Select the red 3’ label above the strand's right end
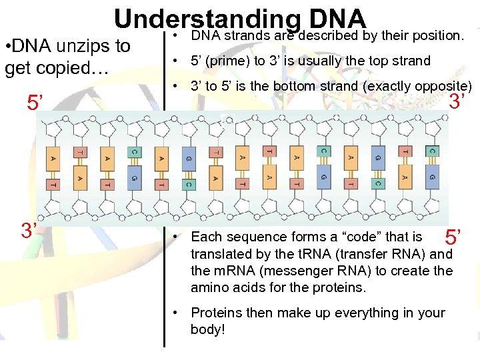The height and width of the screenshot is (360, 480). pos(457,102)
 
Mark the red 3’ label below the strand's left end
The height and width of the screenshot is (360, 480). pos(29,231)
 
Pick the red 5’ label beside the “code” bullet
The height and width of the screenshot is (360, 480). pos(453,237)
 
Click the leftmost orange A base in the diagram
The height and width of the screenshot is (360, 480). pos(53,159)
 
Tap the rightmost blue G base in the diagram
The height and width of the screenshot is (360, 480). pos(433,177)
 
